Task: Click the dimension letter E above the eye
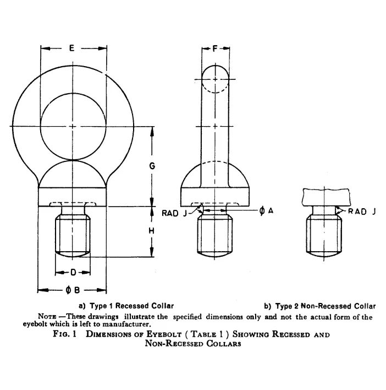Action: pos(71,48)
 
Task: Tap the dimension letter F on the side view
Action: pos(215,48)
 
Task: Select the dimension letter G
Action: pos(152,166)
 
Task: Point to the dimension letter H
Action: pos(151,231)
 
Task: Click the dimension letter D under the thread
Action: pos(73,273)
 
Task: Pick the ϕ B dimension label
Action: pos(73,290)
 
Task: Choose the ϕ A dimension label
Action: pos(266,211)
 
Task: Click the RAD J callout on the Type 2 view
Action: pos(362,212)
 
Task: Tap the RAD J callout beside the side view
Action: pos(174,213)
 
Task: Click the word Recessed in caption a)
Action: pos(131,306)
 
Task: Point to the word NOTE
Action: pos(47,316)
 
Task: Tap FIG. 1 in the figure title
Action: pos(64,334)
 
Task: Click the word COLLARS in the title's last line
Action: pos(224,344)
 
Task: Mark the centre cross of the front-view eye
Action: pos(73,126)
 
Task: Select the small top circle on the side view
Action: pos(215,79)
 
